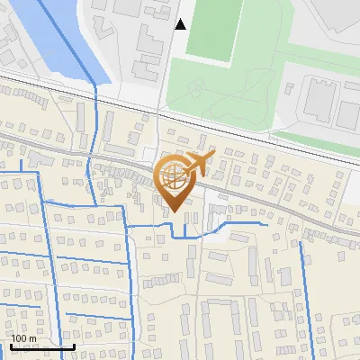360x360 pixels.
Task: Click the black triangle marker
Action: click(x=181, y=24)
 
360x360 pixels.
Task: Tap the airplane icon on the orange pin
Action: click(x=198, y=164)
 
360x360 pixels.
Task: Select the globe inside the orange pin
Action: click(x=173, y=177)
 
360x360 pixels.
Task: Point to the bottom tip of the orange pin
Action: click(x=173, y=212)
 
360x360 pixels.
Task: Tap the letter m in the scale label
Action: click(x=33, y=338)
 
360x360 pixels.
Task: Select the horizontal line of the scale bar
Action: click(x=40, y=346)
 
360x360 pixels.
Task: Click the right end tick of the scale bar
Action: click(x=74, y=345)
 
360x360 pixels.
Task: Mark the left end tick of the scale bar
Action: click(x=8, y=345)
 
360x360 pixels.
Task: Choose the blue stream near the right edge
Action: click(x=310, y=288)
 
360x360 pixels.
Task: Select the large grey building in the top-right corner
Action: click(x=333, y=18)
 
